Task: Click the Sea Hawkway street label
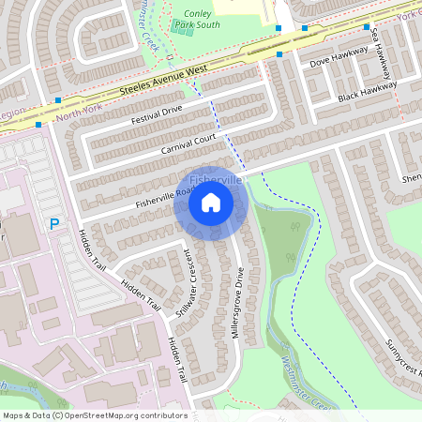click(377, 46)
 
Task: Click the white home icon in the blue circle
click(211, 203)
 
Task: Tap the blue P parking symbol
click(54, 225)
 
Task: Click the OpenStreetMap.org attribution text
click(141, 415)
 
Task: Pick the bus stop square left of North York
click(38, 123)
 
